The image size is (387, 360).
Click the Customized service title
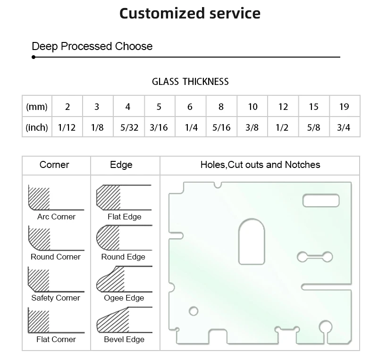coord(190,13)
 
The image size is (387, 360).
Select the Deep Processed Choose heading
coord(92,46)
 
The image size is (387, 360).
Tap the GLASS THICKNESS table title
coord(190,82)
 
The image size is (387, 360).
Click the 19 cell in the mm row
coord(344,107)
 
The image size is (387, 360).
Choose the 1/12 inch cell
coord(67,127)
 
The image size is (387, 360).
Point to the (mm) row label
coord(37,107)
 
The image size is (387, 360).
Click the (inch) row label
coord(37,127)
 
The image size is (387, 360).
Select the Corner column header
coord(54,165)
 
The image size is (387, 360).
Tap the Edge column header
coord(121,165)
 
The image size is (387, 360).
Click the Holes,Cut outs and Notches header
coord(260,165)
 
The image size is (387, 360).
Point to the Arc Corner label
coord(56,217)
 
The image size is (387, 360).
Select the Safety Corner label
coord(56,298)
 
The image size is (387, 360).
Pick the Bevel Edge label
coord(124,339)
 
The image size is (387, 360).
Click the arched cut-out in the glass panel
coord(252,241)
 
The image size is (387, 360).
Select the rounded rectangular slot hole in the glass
coord(321,200)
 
